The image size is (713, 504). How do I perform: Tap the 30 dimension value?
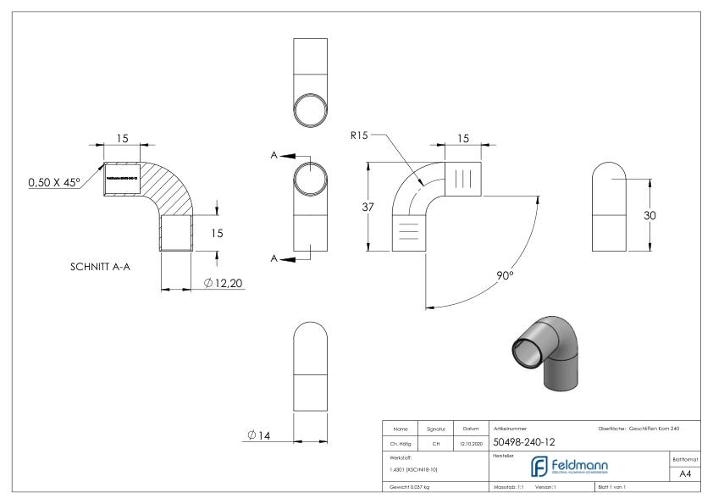click(650, 215)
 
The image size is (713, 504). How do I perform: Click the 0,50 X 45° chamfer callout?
click(53, 182)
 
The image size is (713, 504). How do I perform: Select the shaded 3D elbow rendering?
click(546, 347)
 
